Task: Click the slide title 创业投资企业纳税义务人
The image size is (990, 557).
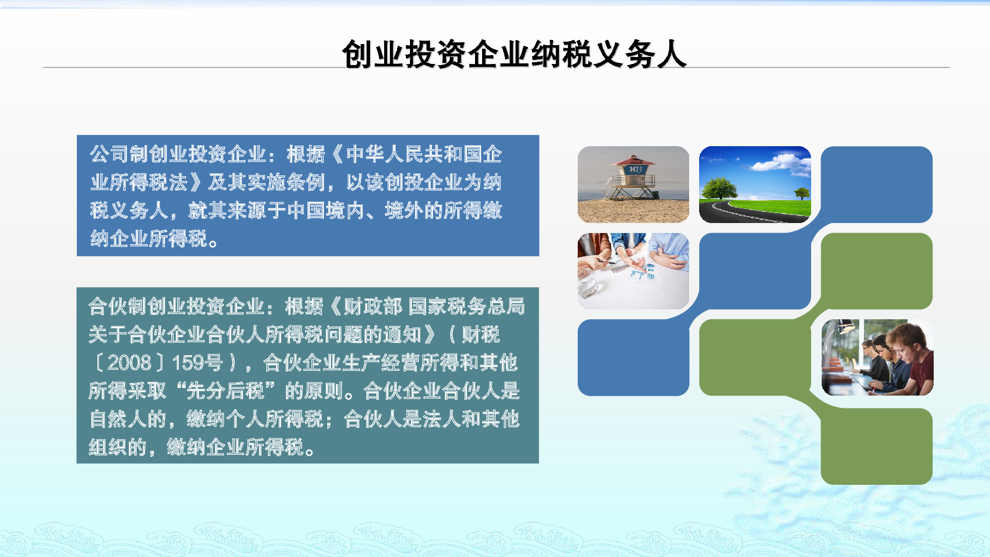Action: [514, 55]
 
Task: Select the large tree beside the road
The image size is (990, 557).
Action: [719, 188]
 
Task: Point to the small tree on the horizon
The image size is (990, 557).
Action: [802, 193]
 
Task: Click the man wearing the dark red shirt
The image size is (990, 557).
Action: [910, 359]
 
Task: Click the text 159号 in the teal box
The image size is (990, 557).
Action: [197, 363]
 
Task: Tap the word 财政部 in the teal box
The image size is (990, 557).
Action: [373, 306]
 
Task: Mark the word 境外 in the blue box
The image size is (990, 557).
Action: [405, 211]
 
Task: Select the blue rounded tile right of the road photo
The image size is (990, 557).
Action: [876, 184]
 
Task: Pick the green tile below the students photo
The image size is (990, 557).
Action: [876, 446]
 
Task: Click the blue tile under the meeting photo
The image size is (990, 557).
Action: [633, 357]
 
